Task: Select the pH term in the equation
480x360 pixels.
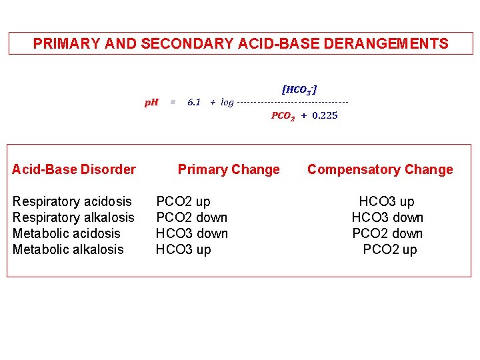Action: point(152,102)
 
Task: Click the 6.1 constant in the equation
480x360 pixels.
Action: point(194,102)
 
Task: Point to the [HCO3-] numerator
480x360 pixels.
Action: point(299,89)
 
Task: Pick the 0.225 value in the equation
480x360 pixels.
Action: point(325,115)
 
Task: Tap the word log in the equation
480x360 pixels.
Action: point(227,102)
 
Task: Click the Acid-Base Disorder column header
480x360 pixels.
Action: point(74,169)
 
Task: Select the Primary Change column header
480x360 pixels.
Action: point(229,169)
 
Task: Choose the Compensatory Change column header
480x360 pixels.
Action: point(380,169)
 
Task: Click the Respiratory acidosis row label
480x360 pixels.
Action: point(72,201)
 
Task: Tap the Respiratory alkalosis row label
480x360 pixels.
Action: point(73,217)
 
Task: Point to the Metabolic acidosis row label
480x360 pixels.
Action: point(67,233)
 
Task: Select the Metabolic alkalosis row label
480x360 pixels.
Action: point(68,249)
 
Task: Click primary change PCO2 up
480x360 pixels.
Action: point(183,201)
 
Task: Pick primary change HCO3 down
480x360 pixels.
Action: point(191,233)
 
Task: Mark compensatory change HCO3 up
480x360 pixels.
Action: point(387,201)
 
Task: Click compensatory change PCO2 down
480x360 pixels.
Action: point(387,233)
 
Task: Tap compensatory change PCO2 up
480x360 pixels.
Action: point(390,249)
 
